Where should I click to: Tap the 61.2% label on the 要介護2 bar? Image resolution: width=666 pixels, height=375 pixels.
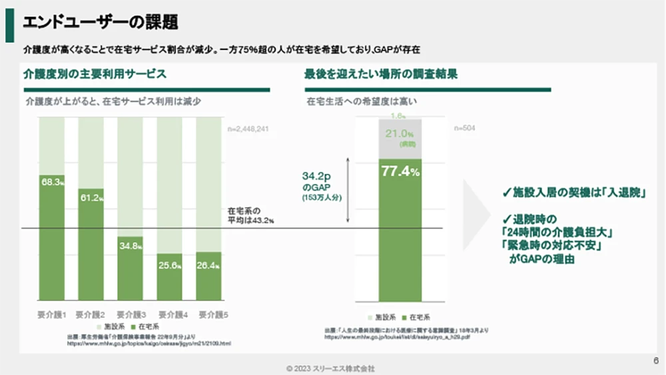coord(91,198)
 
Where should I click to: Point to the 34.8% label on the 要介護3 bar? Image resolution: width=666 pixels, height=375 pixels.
coord(131,246)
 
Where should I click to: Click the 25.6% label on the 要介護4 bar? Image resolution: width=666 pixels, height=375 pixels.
coord(170,264)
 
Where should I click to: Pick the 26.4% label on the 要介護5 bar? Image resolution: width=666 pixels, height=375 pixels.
coord(208,264)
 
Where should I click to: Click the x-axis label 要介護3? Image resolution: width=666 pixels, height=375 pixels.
coord(131,314)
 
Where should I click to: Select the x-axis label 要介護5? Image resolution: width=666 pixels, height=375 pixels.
coord(209,314)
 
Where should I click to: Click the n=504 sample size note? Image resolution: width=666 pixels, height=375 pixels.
coord(464,128)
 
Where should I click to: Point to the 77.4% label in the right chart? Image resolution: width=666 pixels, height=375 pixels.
coord(400,172)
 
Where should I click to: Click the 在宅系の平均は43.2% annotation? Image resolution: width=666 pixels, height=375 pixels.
coord(251,214)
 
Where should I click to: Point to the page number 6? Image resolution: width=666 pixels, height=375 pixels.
coord(655,361)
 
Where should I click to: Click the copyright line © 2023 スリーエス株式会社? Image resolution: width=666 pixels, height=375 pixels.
coord(331,368)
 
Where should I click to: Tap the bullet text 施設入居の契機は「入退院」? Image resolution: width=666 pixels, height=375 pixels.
coord(576,192)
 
